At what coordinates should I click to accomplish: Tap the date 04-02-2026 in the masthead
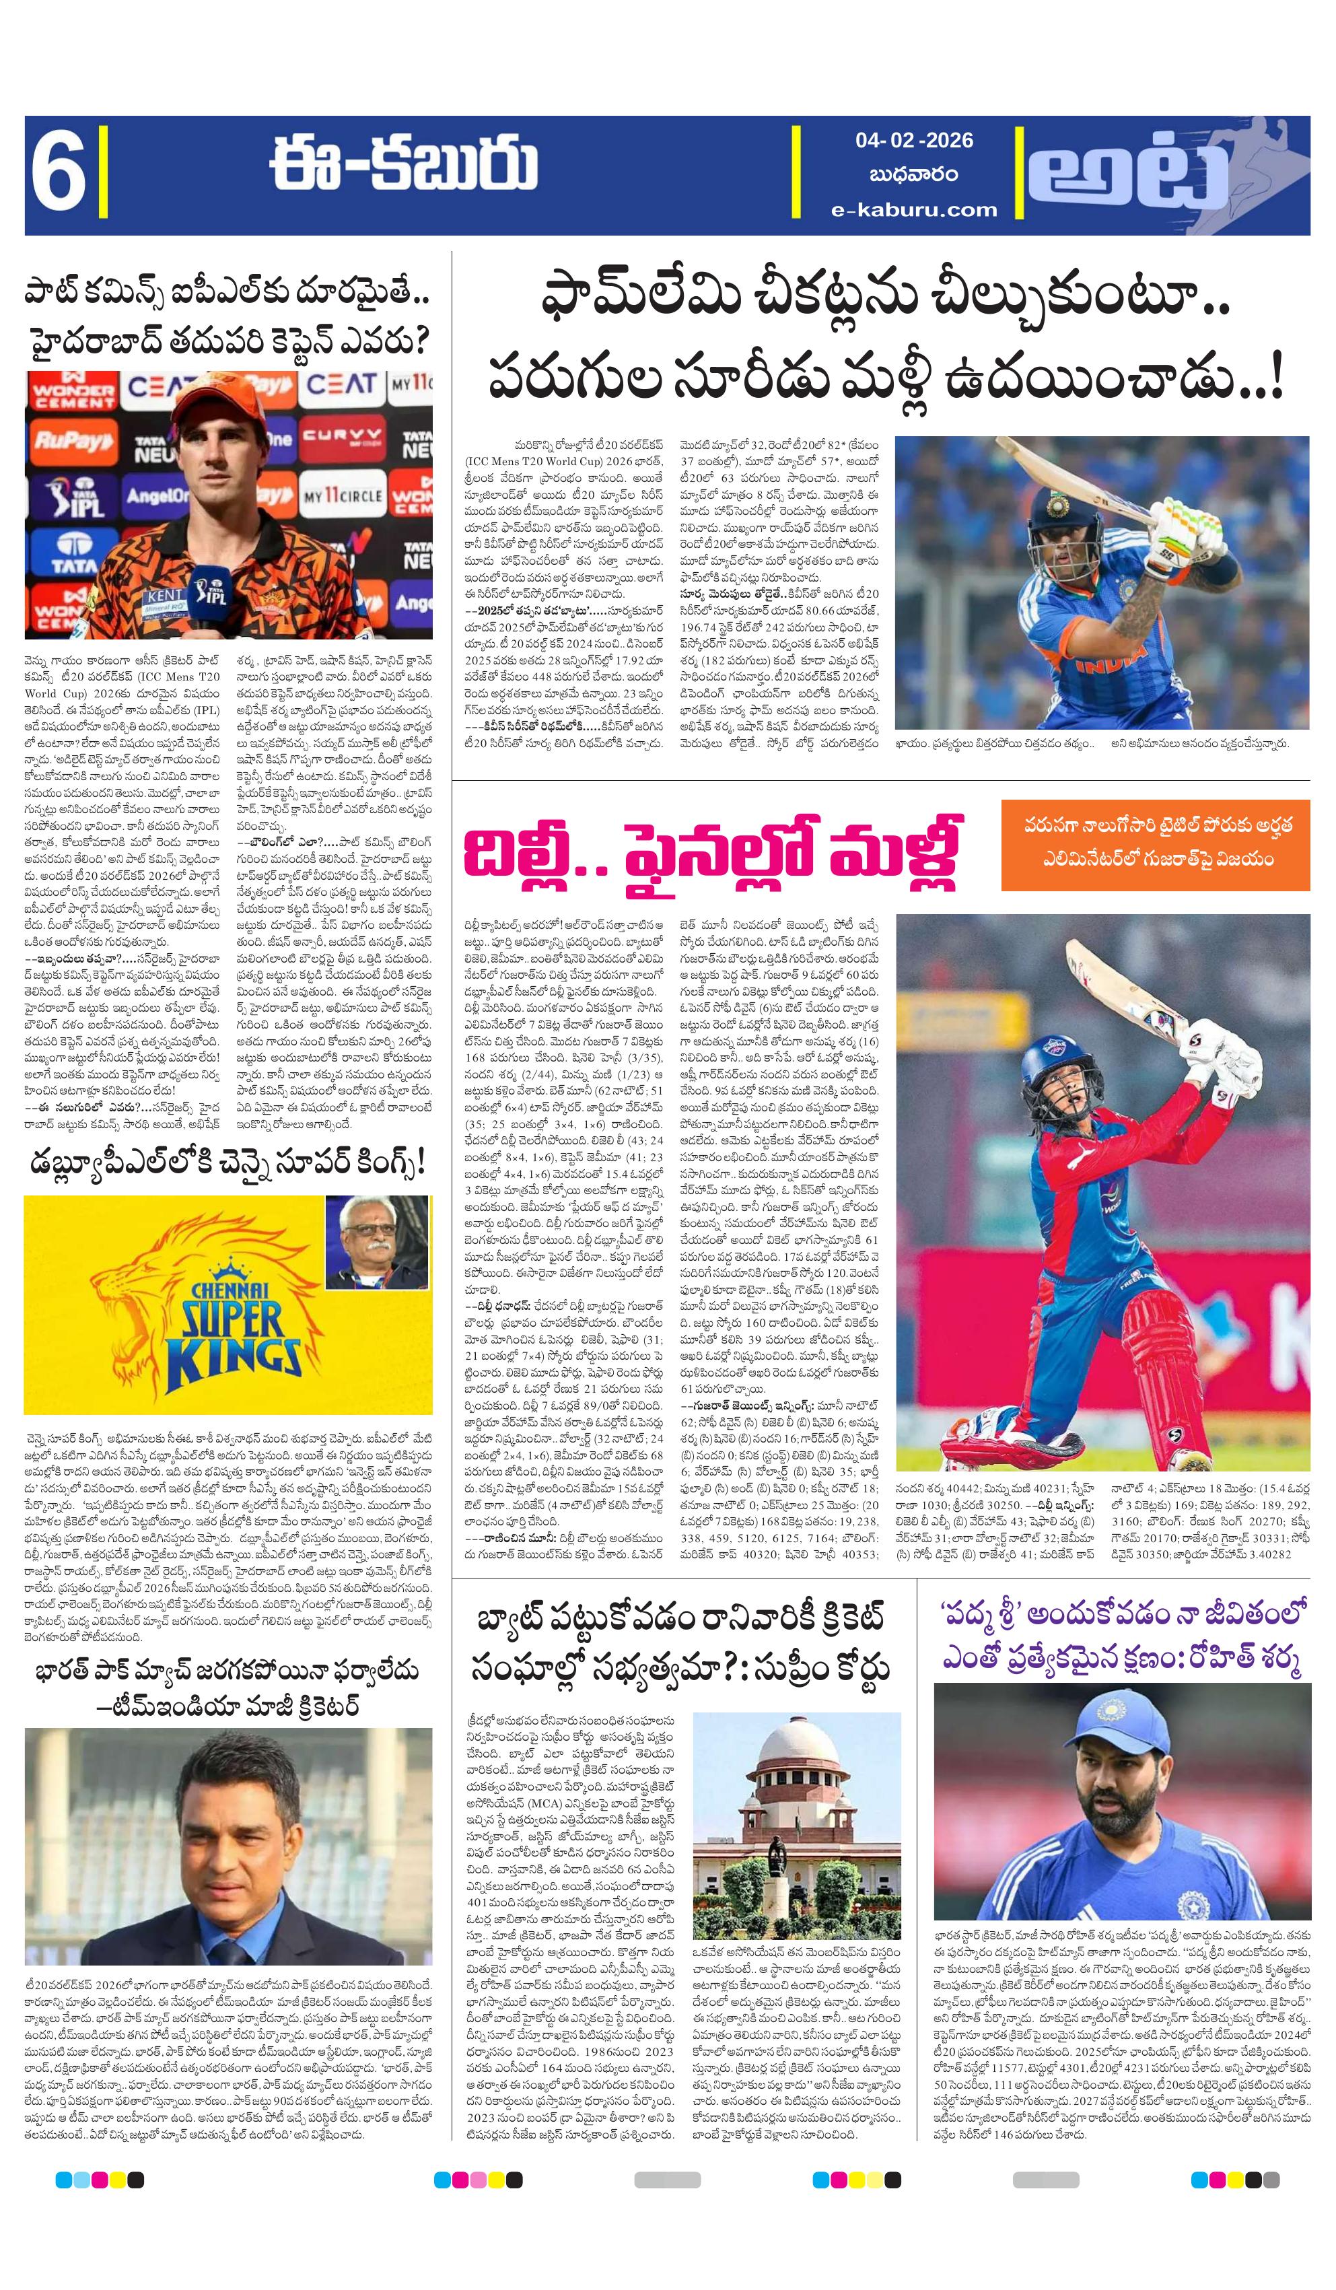pos(913,141)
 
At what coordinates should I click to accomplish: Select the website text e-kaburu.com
pos(913,210)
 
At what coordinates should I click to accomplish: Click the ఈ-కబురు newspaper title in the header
pos(402,168)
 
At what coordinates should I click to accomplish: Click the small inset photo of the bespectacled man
pos(376,1241)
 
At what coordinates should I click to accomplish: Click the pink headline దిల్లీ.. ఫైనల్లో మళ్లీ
pos(711,857)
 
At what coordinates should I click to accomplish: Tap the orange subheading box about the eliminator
pos(1155,844)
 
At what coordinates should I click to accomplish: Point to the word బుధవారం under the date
pos(913,174)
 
